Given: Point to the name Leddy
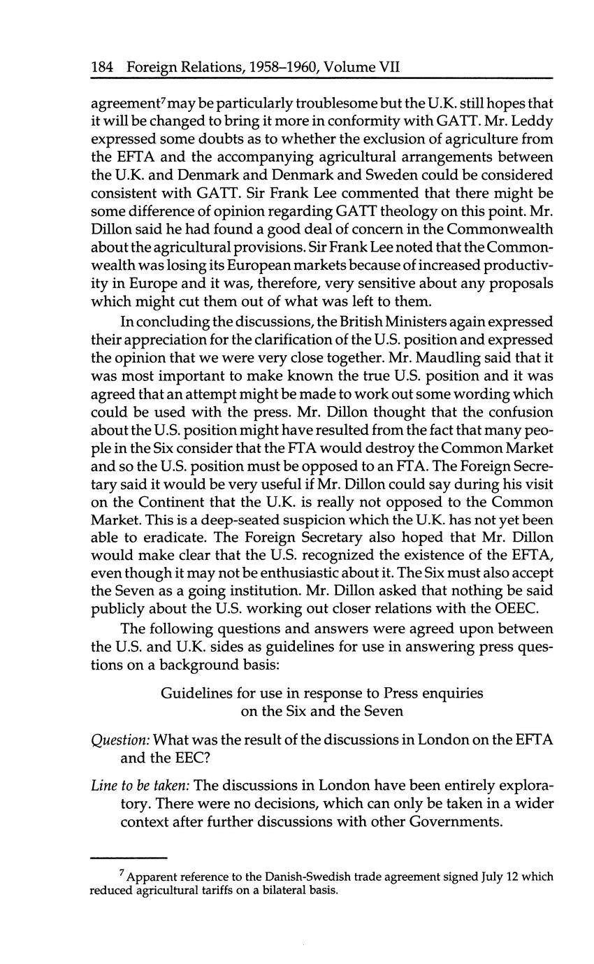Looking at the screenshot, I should click(x=533, y=120).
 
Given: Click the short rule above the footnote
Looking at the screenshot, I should click(x=129, y=858).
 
